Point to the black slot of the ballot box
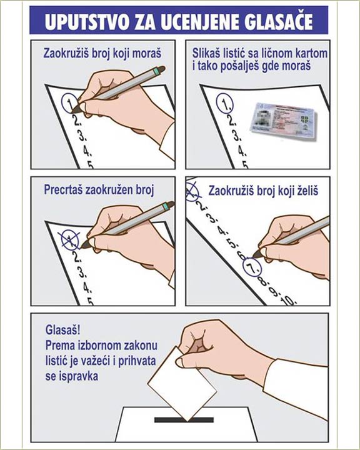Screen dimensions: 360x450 [184, 419]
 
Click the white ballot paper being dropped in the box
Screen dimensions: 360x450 [182, 384]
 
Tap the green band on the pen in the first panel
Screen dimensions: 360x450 [156, 71]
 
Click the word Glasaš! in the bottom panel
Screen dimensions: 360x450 [63, 330]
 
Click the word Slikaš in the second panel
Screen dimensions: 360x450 [205, 53]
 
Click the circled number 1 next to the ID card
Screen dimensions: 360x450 [225, 103]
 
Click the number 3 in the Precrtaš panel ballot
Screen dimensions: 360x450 [82, 273]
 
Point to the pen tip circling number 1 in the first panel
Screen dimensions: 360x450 [74, 109]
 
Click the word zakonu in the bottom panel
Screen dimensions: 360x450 [141, 345]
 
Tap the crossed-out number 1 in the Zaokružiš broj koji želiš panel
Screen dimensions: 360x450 [192, 191]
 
